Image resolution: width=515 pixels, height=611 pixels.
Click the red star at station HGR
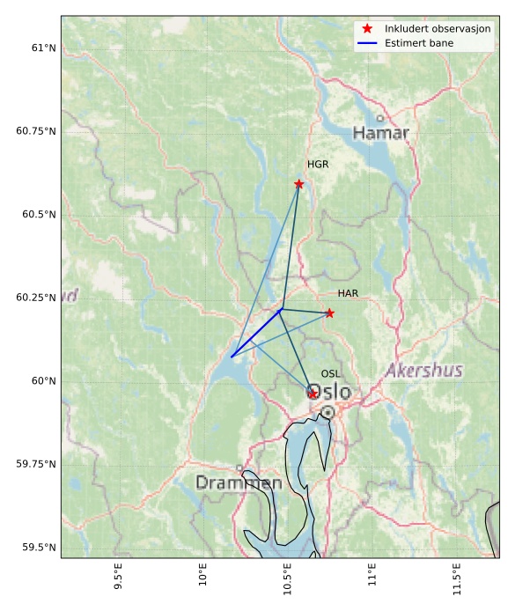[299, 184]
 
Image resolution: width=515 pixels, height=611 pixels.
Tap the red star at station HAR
[329, 313]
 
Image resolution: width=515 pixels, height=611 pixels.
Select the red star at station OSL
[313, 394]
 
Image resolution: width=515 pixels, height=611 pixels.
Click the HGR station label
[318, 165]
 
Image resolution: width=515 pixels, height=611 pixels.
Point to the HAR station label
[348, 293]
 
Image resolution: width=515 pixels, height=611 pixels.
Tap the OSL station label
[330, 374]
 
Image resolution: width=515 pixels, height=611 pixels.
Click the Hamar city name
[381, 133]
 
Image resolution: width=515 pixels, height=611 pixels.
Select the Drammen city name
[239, 483]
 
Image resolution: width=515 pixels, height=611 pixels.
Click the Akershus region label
[423, 371]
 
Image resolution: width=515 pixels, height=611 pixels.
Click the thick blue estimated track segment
[256, 333]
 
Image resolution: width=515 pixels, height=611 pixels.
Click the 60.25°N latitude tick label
[35, 298]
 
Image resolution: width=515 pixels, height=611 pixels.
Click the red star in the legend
[368, 29]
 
